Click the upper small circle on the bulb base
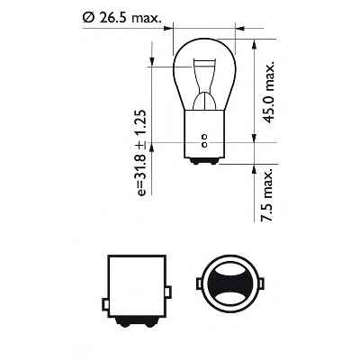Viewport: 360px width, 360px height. click(x=205, y=138)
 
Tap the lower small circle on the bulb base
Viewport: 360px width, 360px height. click(x=205, y=146)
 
